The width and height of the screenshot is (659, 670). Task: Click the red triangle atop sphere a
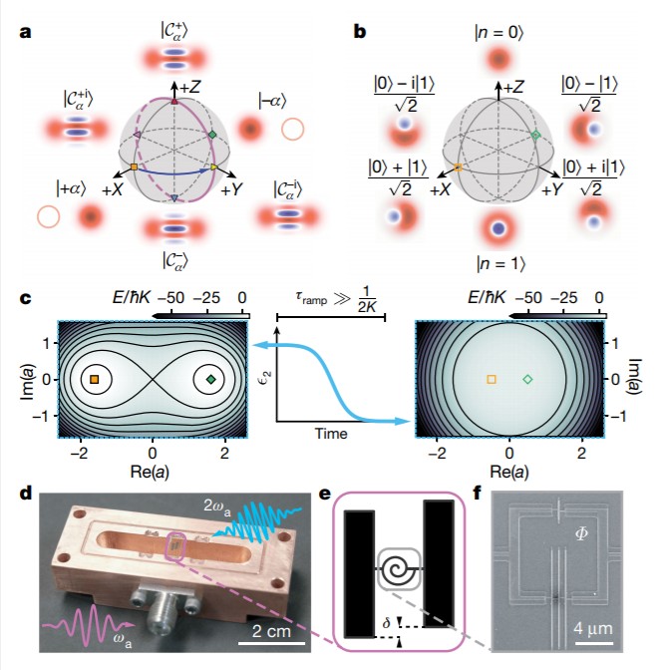(175, 101)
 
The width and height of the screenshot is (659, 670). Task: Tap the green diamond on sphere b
(535, 134)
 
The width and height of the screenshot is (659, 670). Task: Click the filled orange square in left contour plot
(94, 380)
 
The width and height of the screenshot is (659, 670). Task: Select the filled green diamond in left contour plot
(210, 380)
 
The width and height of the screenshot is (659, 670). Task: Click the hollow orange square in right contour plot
(491, 380)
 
